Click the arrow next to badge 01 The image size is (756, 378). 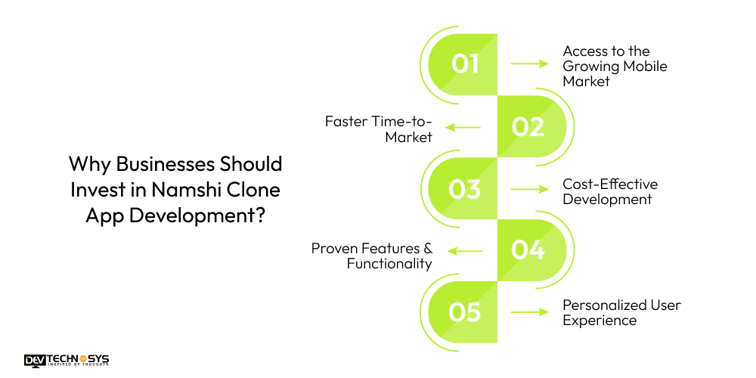pos(530,64)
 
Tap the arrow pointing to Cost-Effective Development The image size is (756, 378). pos(530,189)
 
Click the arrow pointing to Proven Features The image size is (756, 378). pos(463,251)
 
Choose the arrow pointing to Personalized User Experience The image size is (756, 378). pos(530,312)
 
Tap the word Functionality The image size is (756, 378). pos(389,263)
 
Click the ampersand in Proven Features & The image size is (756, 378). pos(426,248)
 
